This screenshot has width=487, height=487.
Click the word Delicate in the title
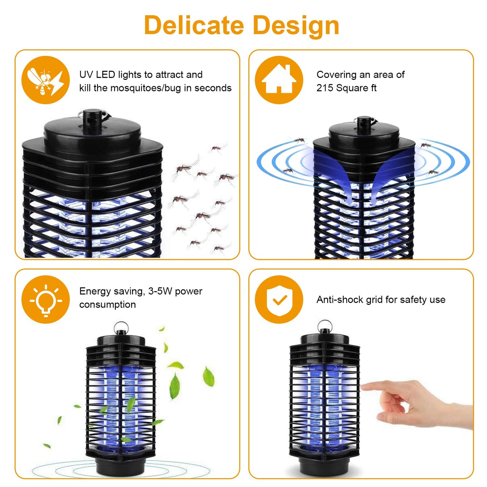194,26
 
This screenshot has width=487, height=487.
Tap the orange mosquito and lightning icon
45,80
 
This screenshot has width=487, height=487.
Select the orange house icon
279,80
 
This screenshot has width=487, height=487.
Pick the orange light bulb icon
45,299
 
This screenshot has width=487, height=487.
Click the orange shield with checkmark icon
279,299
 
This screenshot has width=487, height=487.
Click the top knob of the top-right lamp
364,123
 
